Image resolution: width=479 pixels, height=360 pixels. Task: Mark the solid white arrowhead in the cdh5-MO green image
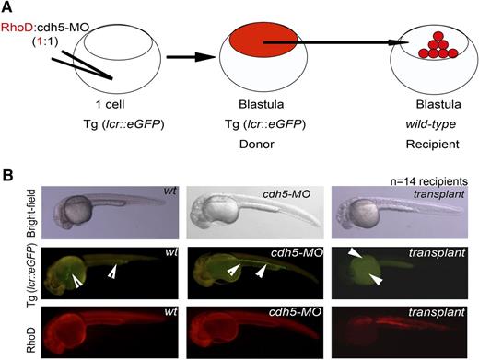(x=262, y=271)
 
